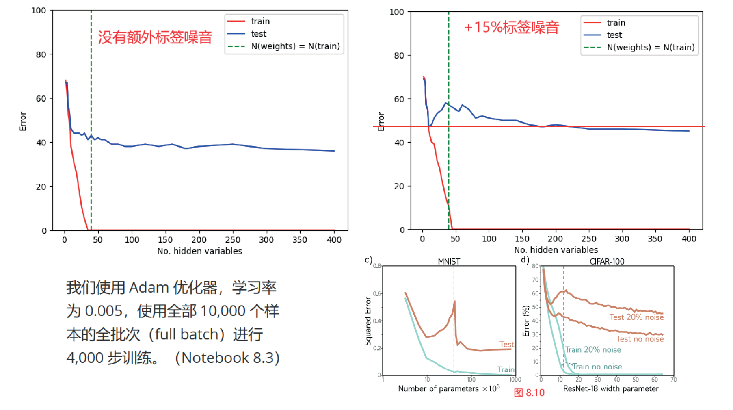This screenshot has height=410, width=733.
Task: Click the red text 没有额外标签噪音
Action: pyautogui.click(x=155, y=37)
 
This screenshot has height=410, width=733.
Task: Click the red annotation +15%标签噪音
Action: pyautogui.click(x=512, y=27)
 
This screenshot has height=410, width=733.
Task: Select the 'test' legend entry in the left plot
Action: pyautogui.click(x=258, y=34)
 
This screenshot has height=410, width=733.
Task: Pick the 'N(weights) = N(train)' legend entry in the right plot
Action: pyautogui.click(x=650, y=48)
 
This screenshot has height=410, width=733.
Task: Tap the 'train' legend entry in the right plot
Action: pyautogui.click(x=616, y=23)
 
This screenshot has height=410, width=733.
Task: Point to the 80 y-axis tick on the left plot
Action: pyautogui.click(x=41, y=54)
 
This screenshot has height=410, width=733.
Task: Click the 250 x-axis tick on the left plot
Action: pyautogui.click(x=233, y=240)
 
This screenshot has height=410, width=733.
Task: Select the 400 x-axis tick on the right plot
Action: pyautogui.click(x=689, y=239)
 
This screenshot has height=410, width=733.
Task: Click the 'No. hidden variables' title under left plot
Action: pyautogui.click(x=199, y=251)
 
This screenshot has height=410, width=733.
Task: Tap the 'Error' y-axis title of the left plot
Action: pyautogui.click(x=23, y=121)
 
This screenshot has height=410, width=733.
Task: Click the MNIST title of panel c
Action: pyautogui.click(x=449, y=261)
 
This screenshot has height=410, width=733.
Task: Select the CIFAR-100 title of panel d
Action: pyautogui.click(x=607, y=261)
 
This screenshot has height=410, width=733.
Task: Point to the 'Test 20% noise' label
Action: pyautogui.click(x=636, y=317)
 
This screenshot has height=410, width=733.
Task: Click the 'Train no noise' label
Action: pyautogui.click(x=597, y=367)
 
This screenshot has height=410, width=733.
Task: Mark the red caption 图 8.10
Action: pyautogui.click(x=529, y=393)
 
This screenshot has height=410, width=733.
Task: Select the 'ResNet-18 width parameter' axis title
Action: pyautogui.click(x=610, y=389)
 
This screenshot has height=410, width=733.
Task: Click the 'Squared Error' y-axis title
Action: pyautogui.click(x=368, y=321)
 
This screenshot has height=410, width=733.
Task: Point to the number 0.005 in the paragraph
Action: pyautogui.click(x=104, y=311)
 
